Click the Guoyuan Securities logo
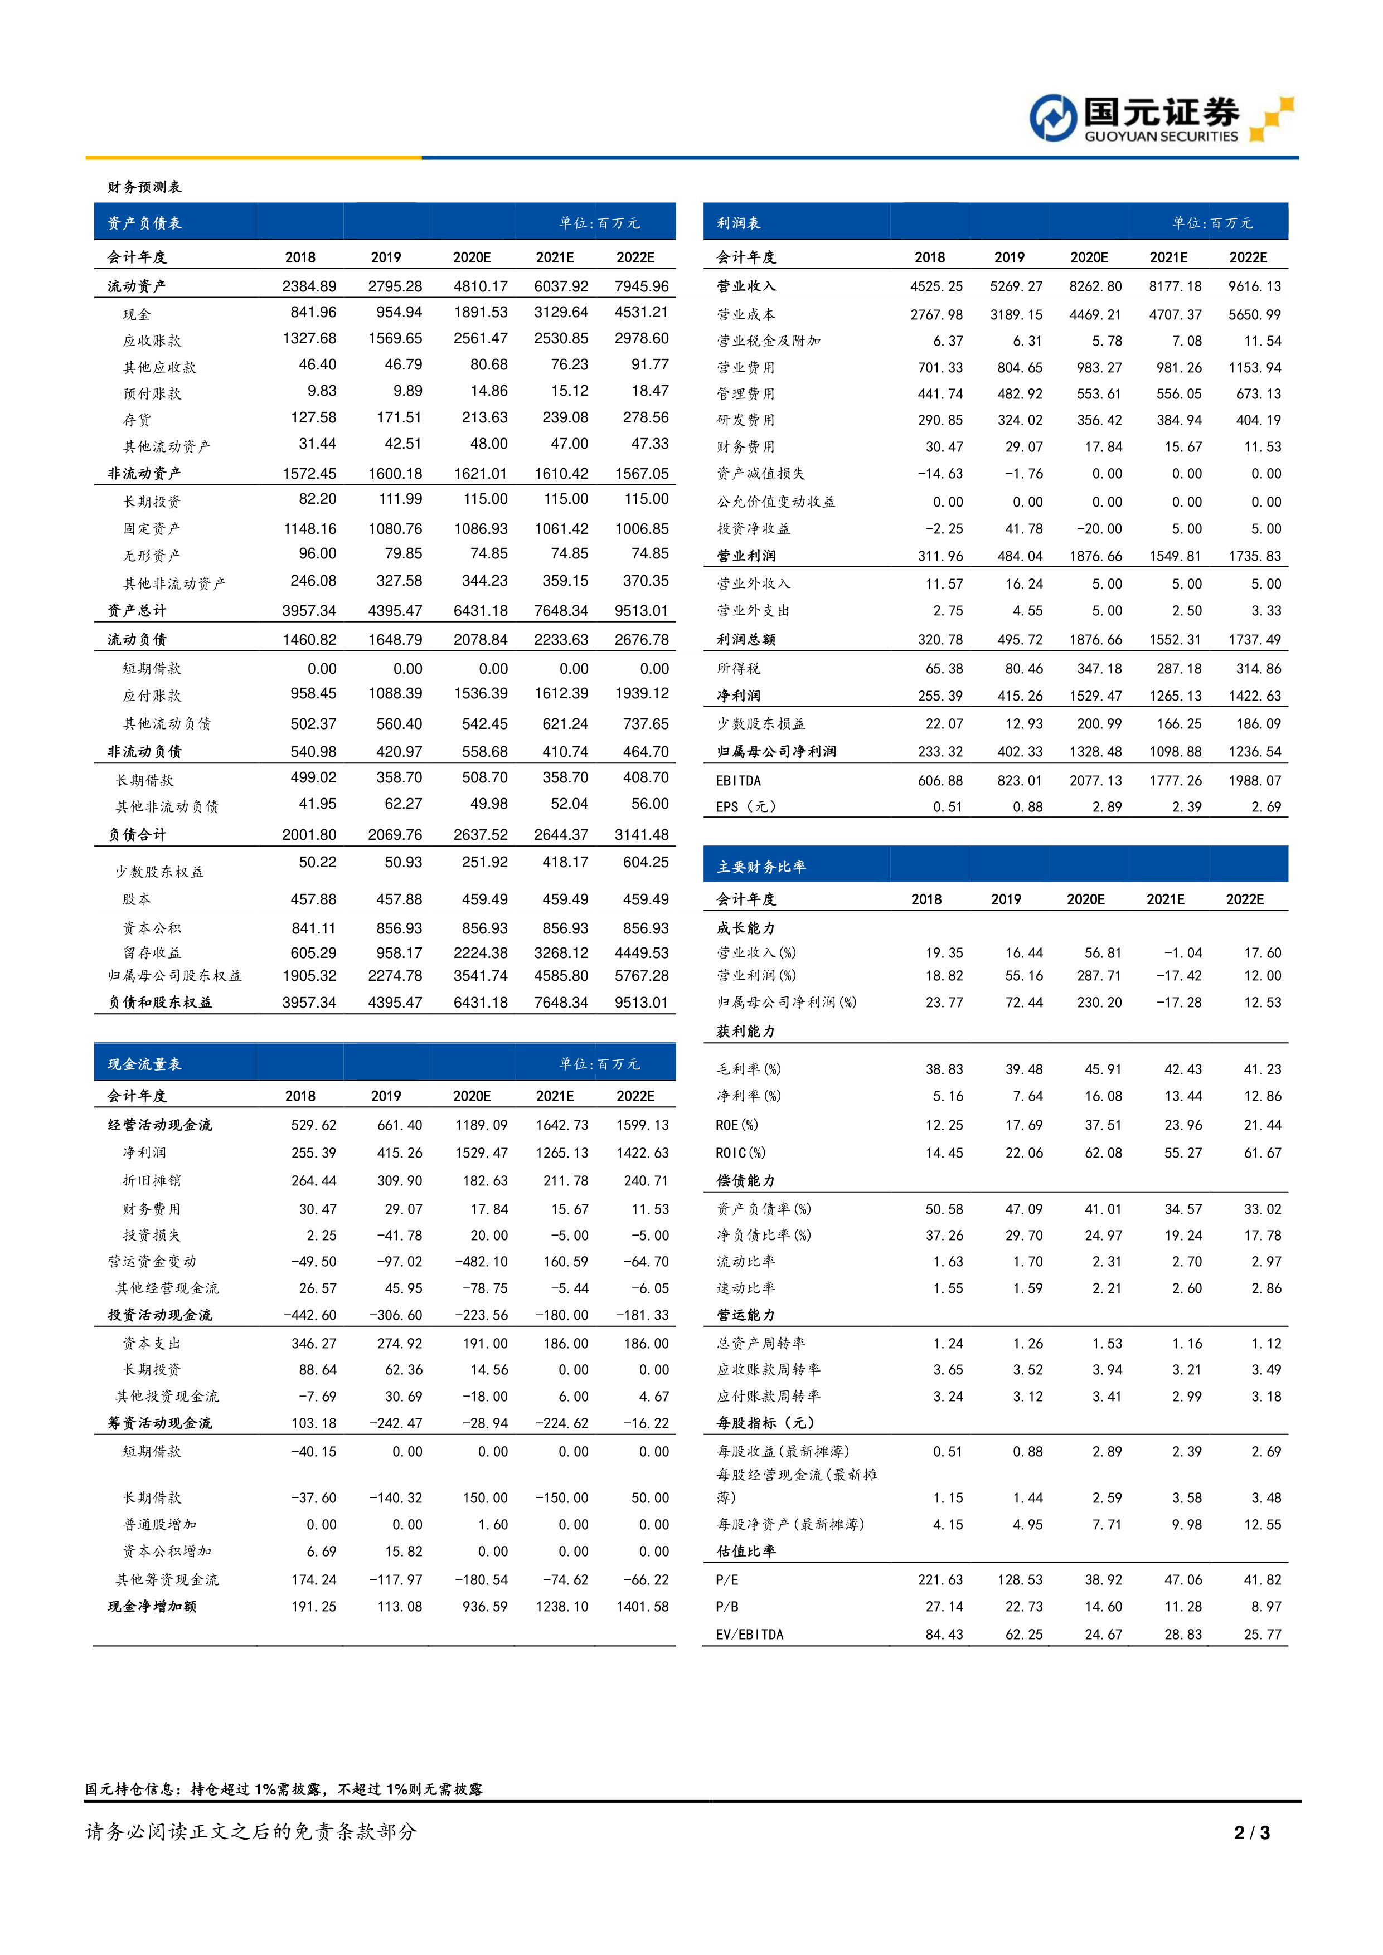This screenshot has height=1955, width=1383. (x=1160, y=119)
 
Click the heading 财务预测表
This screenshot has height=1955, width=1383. (x=144, y=187)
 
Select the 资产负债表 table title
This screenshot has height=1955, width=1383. (x=144, y=223)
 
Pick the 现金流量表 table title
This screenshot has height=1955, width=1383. (x=144, y=1064)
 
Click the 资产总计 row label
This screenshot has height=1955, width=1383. (x=136, y=610)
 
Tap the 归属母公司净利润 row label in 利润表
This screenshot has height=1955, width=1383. (x=776, y=752)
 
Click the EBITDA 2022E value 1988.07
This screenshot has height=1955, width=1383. (x=1254, y=781)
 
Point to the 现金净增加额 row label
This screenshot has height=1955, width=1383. (x=152, y=1607)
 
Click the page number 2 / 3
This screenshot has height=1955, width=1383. (x=1252, y=1832)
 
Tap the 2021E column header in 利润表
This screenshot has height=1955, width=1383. (x=1168, y=257)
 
